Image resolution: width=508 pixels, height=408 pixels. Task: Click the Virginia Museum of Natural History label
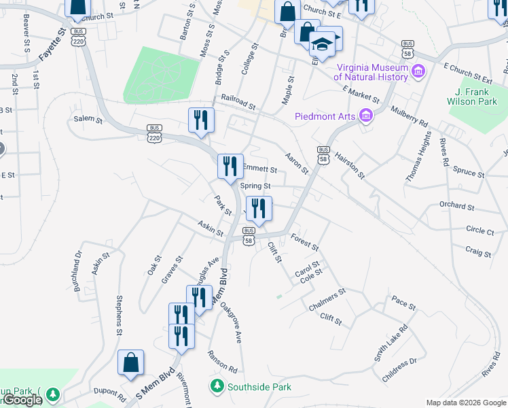pos(370,72)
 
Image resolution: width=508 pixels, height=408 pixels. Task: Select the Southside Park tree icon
pos(217,386)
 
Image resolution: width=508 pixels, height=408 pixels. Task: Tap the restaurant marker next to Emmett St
pos(230,166)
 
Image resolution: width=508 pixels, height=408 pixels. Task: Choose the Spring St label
pos(255,186)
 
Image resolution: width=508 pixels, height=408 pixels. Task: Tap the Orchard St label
pos(456,205)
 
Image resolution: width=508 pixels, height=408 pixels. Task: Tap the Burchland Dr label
pos(78,272)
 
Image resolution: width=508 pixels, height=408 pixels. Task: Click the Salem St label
pos(88,120)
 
